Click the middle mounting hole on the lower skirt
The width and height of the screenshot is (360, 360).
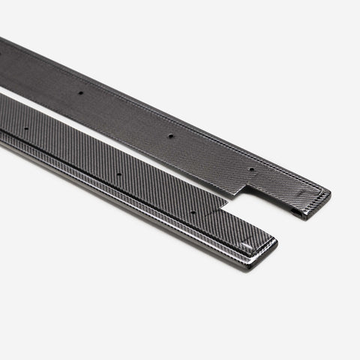pos(119,174)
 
